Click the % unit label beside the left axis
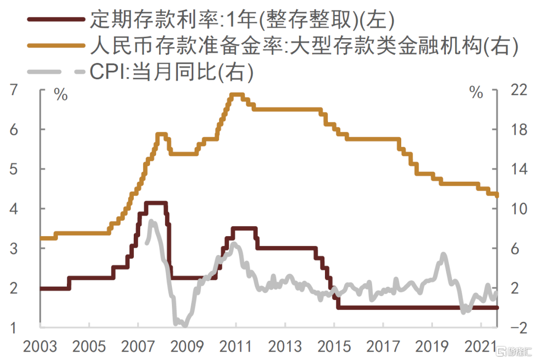[x=61, y=95]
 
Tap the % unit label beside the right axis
[x=477, y=93]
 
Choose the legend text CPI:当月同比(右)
[x=171, y=72]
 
